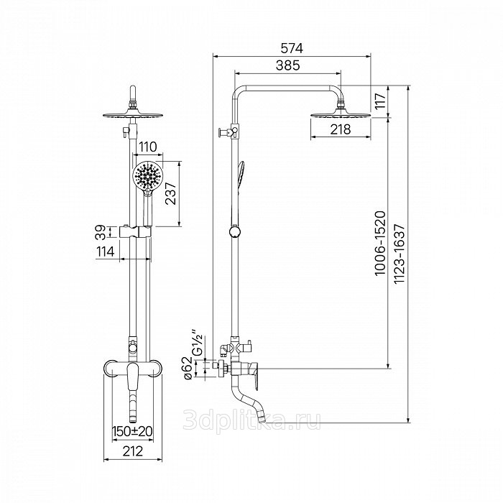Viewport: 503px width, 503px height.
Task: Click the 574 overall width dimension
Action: point(292,48)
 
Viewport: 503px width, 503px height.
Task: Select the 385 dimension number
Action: point(287,65)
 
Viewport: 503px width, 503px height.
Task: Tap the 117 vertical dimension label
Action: point(380,101)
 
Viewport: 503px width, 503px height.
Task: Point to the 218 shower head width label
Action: point(341,129)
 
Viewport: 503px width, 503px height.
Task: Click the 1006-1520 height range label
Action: point(380,243)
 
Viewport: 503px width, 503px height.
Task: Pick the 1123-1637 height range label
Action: point(400,254)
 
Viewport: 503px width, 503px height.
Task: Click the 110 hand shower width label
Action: point(147,147)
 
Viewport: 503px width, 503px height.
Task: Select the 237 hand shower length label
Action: point(171,193)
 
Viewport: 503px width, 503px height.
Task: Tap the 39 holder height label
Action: point(101,232)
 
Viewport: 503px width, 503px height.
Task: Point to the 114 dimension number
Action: point(105,251)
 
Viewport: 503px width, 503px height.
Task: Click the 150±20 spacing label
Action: point(132,431)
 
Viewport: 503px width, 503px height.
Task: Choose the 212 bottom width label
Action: point(133,451)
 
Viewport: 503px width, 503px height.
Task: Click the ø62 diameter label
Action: point(188,368)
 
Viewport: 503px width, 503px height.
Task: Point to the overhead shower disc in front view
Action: point(133,115)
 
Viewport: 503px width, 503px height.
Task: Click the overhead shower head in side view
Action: point(341,114)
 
